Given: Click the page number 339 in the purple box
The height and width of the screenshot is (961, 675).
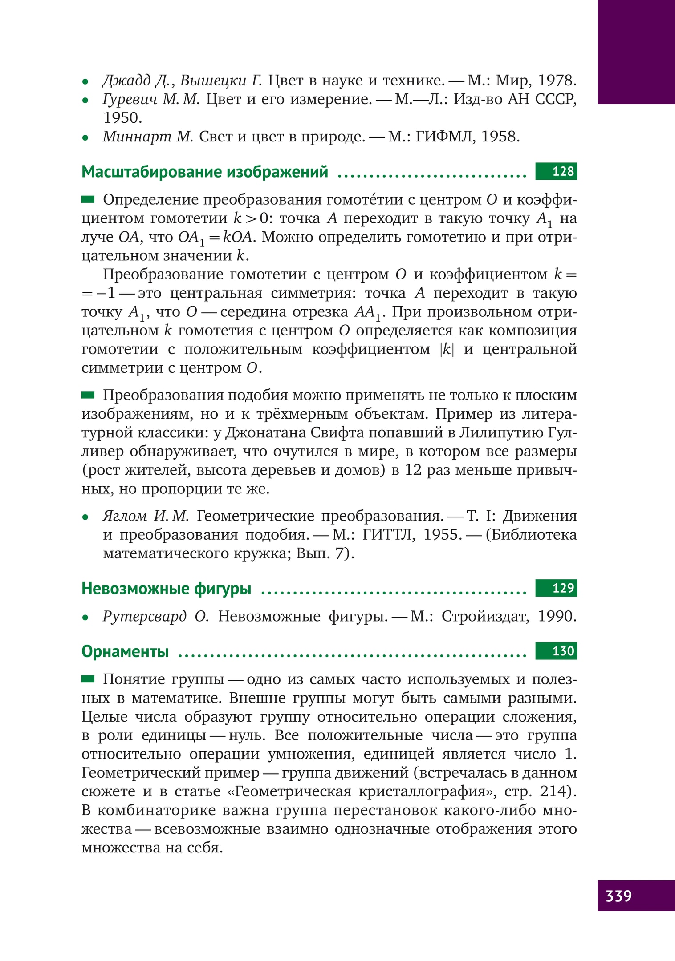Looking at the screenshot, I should (618, 895).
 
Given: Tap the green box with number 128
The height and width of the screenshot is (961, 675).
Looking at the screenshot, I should (556, 171).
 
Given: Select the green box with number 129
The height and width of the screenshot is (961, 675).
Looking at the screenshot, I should (556, 588).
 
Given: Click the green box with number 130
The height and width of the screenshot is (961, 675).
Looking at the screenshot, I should (556, 651).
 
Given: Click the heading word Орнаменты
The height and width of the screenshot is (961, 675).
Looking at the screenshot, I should (125, 651).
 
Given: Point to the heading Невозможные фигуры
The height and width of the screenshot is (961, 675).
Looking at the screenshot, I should (167, 589).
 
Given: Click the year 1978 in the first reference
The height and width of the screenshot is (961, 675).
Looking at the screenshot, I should (557, 81).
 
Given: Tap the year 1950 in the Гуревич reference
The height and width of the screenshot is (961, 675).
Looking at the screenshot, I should (122, 118).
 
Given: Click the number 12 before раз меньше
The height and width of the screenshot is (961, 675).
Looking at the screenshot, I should (413, 470).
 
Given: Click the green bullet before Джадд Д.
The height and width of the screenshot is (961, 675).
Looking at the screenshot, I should (85, 82).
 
